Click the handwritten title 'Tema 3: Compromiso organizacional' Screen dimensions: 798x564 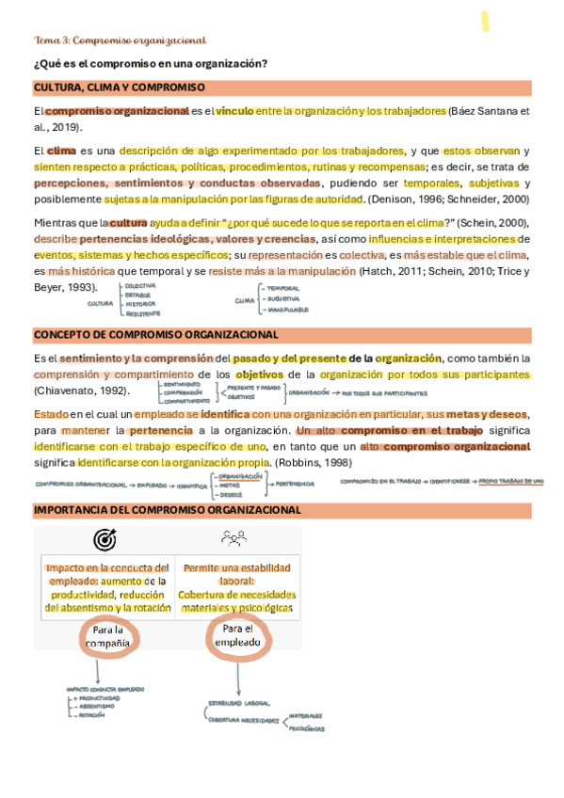click(x=120, y=40)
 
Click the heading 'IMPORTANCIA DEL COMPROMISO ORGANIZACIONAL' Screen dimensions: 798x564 click(x=167, y=509)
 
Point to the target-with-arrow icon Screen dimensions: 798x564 click(x=105, y=540)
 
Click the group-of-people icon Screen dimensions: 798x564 click(x=234, y=539)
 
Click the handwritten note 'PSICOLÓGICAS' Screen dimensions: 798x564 click(x=306, y=727)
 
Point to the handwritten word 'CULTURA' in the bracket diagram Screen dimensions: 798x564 click(x=100, y=303)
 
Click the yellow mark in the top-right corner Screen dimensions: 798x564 click(x=485, y=22)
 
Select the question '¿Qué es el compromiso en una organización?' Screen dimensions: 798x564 click(x=150, y=63)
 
